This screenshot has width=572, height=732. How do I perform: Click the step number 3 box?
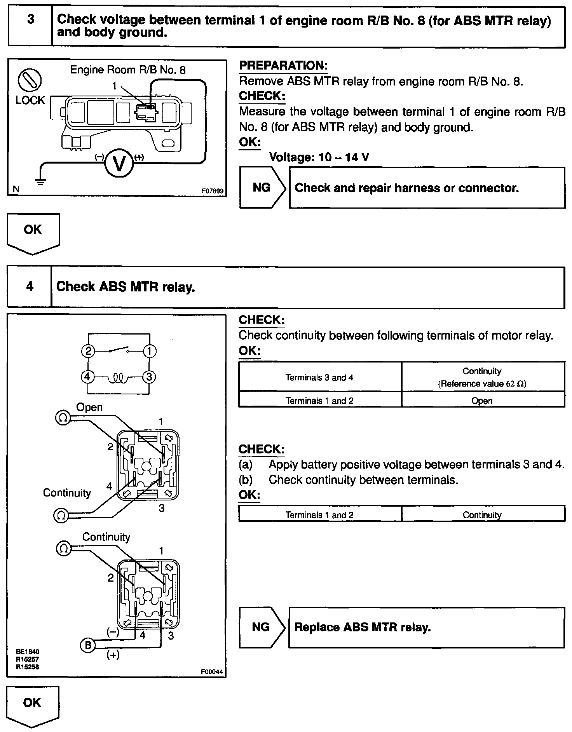pyautogui.click(x=30, y=26)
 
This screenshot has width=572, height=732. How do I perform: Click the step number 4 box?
pyautogui.click(x=30, y=287)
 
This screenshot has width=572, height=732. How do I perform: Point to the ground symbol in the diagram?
pyautogui.click(x=40, y=180)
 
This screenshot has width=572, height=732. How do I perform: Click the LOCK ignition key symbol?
pyautogui.click(x=30, y=80)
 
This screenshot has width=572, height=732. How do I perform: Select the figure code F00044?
pyautogui.click(x=212, y=672)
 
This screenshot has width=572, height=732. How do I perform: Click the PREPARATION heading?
pyautogui.click(x=283, y=66)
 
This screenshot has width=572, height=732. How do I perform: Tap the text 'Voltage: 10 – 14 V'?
pyautogui.click(x=319, y=157)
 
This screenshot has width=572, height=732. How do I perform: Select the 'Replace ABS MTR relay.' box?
pyautogui.click(x=426, y=627)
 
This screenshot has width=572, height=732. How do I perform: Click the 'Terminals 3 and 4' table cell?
pyautogui.click(x=319, y=377)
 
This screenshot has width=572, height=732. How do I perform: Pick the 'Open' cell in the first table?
pyautogui.click(x=482, y=401)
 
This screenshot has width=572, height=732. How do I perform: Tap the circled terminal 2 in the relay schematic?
pyautogui.click(x=88, y=351)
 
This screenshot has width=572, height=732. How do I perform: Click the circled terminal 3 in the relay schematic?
pyautogui.click(x=149, y=376)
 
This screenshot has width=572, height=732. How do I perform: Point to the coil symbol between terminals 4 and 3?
pyautogui.click(x=119, y=377)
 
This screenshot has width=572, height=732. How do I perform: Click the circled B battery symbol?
pyautogui.click(x=88, y=645)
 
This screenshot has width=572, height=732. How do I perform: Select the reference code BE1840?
pyautogui.click(x=28, y=651)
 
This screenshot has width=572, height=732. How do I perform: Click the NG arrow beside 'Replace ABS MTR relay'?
pyautogui.click(x=262, y=627)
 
